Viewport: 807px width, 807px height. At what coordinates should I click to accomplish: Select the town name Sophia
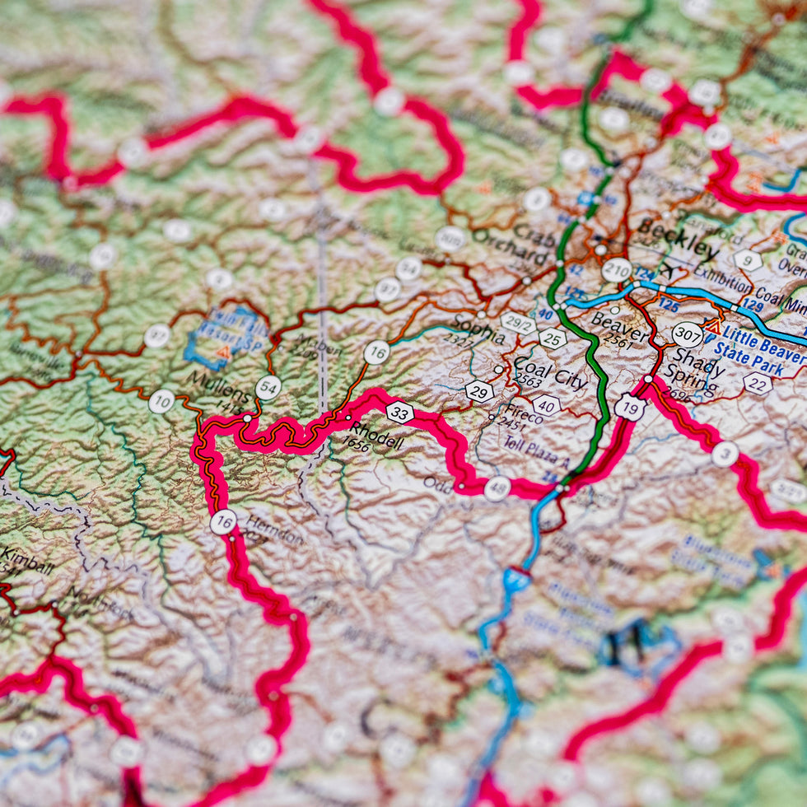point(478,330)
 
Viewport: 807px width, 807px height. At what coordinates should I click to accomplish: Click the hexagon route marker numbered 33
point(399,412)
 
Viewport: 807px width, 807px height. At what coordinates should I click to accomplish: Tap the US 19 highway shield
point(630,407)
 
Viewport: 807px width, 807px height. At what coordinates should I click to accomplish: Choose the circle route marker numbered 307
point(687,334)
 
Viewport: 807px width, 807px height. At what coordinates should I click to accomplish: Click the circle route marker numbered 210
point(617,269)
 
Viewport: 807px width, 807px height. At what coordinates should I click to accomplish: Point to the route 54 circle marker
point(268,387)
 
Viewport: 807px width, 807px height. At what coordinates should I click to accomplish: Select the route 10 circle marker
point(161,401)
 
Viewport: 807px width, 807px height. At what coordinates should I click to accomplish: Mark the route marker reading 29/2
point(518,323)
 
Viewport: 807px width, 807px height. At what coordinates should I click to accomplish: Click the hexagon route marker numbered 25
point(553,338)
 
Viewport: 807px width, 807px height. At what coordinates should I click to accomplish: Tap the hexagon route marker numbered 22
point(757,383)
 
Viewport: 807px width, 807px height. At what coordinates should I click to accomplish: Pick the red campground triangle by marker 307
point(712,327)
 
